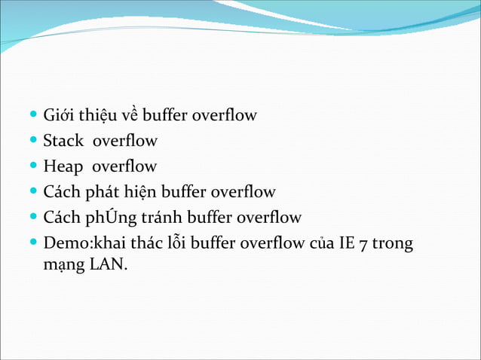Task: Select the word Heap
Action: click(x=63, y=166)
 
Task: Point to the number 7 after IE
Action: click(x=363, y=244)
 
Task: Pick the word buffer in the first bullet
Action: click(x=165, y=116)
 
